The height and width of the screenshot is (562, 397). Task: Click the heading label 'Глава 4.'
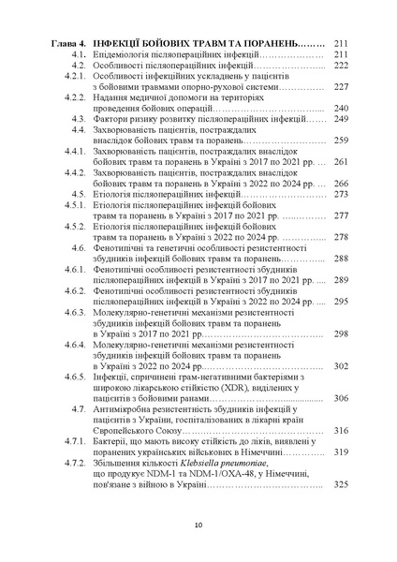coord(67,43)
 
